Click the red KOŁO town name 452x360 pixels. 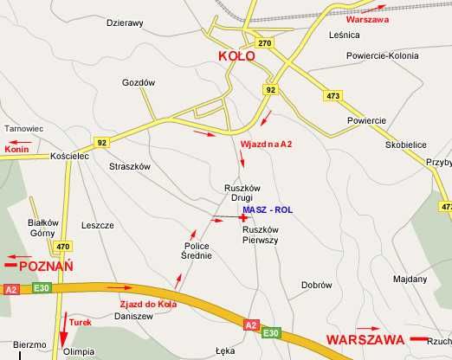coord(236,56)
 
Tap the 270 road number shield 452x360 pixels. coord(264,43)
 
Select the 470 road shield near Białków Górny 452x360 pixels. coord(62,247)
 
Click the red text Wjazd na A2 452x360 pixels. coord(266,143)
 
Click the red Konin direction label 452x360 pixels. coord(17,149)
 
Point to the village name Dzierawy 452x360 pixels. coord(125,23)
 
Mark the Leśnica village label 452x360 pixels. coord(344,35)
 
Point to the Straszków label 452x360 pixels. coord(131,165)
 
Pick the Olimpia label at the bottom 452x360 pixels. coord(79,353)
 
